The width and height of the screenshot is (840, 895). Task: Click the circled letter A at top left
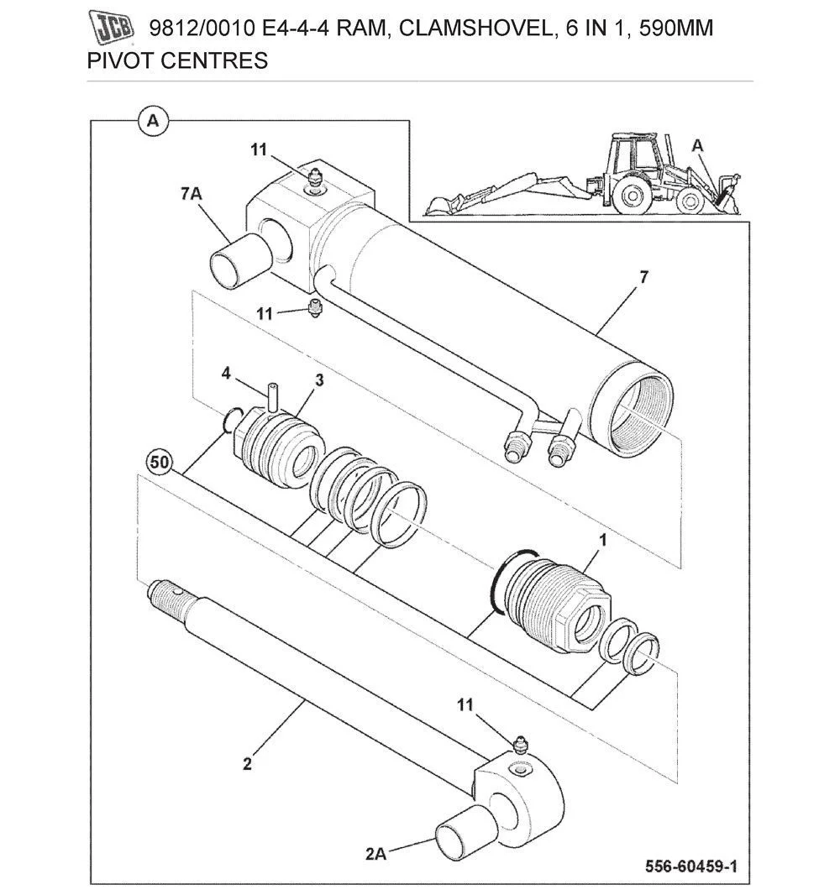[152, 121]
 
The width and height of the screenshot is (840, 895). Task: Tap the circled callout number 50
[159, 462]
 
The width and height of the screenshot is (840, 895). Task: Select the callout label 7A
[190, 193]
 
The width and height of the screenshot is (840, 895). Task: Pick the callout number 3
[319, 380]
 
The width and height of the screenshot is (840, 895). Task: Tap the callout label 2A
[375, 854]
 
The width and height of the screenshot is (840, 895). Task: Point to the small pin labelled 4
[272, 395]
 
